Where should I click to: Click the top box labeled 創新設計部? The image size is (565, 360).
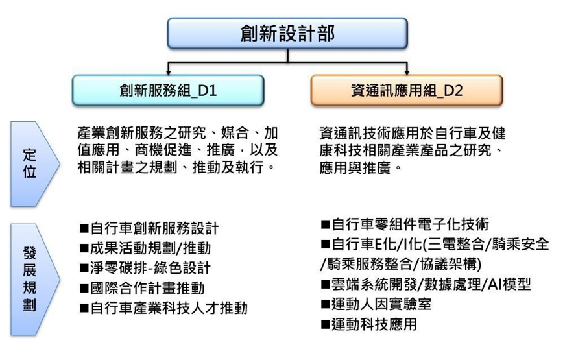tap(287, 33)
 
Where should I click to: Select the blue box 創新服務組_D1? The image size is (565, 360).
tap(168, 90)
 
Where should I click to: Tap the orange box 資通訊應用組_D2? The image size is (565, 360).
tap(407, 90)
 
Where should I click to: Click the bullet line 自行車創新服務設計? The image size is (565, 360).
tap(149, 228)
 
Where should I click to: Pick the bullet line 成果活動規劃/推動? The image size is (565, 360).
tap(145, 248)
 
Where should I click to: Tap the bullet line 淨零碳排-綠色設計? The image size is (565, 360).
tap(145, 268)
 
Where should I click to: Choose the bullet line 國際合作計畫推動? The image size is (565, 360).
tap(142, 288)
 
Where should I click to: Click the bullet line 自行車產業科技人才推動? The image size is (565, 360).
tap(163, 308)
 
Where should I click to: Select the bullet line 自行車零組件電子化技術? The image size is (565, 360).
tap(405, 224)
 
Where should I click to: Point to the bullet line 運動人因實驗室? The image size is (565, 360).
tap(376, 304)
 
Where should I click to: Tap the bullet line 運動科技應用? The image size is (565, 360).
tap(369, 324)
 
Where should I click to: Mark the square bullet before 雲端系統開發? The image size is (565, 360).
tap(326, 285)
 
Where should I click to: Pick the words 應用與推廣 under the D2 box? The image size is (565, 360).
tap(355, 168)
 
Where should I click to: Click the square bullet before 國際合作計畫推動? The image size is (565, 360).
tap(84, 289)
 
